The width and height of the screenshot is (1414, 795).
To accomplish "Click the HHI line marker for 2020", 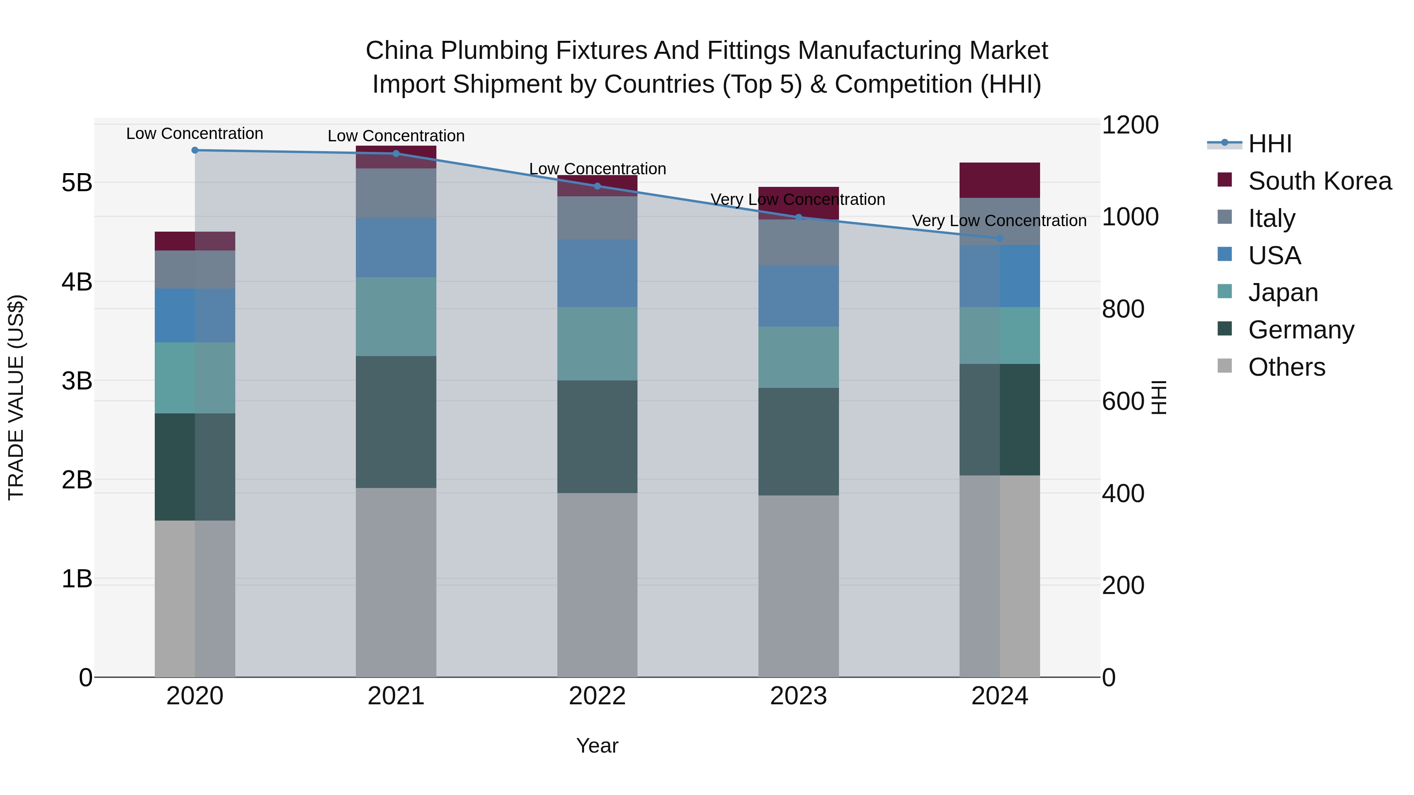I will click(195, 150).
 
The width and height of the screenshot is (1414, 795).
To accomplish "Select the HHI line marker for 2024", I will click(1000, 238).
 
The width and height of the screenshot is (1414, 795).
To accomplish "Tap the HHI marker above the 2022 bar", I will click(597, 186).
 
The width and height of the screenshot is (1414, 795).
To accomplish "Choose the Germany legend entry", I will click(1300, 330).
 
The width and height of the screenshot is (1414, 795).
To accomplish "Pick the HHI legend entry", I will click(1269, 144).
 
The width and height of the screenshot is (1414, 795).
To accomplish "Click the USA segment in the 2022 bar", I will click(597, 273).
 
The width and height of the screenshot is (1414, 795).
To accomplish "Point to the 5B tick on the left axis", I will click(77, 183).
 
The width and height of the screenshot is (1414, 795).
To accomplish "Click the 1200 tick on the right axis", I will click(1130, 125).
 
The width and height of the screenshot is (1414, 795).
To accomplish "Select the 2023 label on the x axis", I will click(798, 696).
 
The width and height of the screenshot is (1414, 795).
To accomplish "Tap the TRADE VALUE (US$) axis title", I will click(16, 397).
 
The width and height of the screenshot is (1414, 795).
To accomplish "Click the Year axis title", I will click(597, 746).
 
